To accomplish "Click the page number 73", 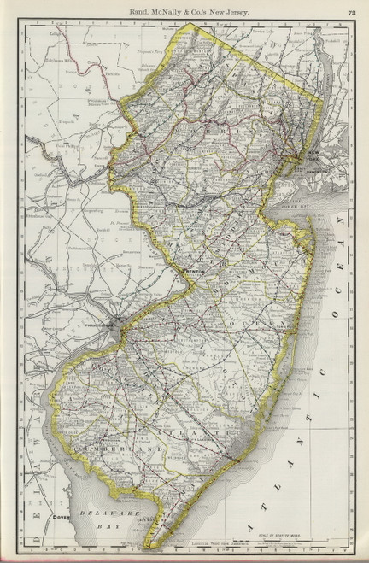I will [351, 9].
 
